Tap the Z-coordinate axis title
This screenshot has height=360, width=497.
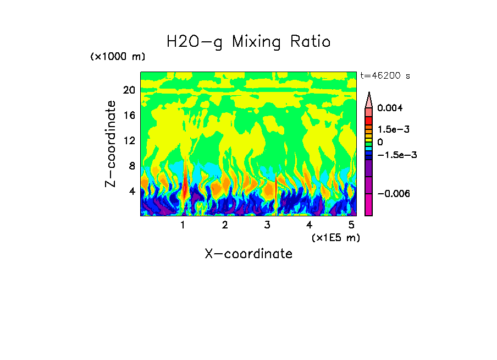pyautogui.click(x=112, y=144)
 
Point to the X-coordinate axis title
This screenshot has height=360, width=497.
pyautogui.click(x=248, y=254)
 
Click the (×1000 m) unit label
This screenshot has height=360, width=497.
pyautogui.click(x=118, y=57)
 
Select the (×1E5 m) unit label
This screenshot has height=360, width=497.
pyautogui.click(x=336, y=237)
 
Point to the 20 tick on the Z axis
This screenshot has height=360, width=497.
pyautogui.click(x=129, y=90)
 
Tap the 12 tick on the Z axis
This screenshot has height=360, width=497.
pyautogui.click(x=129, y=140)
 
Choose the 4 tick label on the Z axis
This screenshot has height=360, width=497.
pyautogui.click(x=132, y=191)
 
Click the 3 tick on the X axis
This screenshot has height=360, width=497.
pyautogui.click(x=267, y=225)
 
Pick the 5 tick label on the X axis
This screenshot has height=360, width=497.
pyautogui.click(x=351, y=225)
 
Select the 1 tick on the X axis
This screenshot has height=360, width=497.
pyautogui.click(x=183, y=225)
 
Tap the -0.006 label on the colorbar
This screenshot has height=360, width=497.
pyautogui.click(x=393, y=194)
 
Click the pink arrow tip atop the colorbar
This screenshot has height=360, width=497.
pyautogui.click(x=369, y=99)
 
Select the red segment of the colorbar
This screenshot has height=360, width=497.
pyautogui.click(x=369, y=120)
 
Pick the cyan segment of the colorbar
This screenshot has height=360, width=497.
pyautogui.click(x=369, y=149)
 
